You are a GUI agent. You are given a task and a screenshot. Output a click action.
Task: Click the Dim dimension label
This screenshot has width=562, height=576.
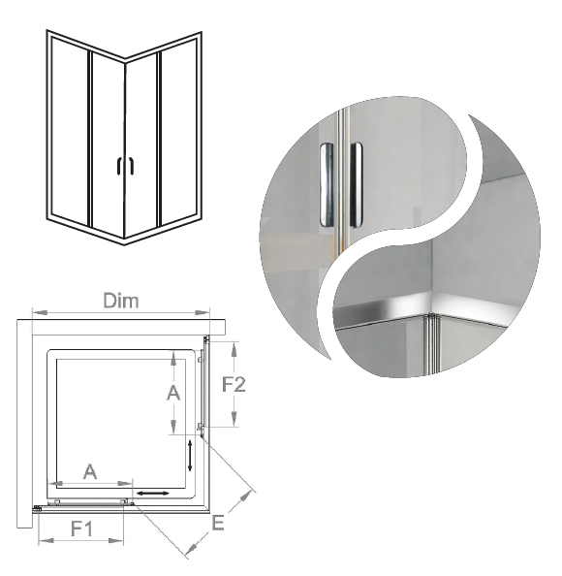click(x=121, y=301)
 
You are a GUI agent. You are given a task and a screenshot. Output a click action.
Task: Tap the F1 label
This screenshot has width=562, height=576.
click(x=81, y=529)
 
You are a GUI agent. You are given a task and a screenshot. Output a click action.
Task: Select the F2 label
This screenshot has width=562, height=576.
click(x=234, y=385)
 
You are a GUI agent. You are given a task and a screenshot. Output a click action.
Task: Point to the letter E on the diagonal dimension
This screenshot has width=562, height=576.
click(x=218, y=523)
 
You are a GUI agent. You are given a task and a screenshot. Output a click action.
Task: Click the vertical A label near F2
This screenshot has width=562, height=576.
click(x=173, y=393)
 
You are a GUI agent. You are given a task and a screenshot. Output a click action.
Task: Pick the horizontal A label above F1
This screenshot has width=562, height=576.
click(x=90, y=472)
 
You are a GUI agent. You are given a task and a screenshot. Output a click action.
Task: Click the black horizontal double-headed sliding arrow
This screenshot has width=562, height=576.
click(x=153, y=493)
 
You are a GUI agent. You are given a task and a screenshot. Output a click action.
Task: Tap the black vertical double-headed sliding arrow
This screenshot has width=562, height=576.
click(x=190, y=456)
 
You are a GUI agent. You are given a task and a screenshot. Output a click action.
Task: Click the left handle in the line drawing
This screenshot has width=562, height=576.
click(x=119, y=166)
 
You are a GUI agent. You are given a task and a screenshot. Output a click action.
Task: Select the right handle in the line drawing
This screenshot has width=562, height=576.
click(x=131, y=166)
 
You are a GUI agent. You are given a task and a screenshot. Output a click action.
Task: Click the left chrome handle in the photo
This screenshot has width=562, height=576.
click(x=326, y=184)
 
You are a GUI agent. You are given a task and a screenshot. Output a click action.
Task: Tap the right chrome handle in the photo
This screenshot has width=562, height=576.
click(x=356, y=184)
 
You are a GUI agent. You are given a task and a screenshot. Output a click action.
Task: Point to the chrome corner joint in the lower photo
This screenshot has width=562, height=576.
click(x=433, y=316)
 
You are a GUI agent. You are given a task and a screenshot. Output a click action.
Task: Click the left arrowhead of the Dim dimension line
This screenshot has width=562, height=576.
click(x=40, y=312)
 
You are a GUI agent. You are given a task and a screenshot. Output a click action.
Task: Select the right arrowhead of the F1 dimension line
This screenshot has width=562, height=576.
click(x=116, y=540)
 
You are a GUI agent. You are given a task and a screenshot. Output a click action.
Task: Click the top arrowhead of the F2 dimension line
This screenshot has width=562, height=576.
click(x=234, y=349)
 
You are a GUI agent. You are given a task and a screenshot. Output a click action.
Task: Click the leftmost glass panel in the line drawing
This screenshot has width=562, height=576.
click(x=70, y=130)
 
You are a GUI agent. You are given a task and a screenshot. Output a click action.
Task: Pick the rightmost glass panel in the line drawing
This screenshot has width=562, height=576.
click(x=178, y=130)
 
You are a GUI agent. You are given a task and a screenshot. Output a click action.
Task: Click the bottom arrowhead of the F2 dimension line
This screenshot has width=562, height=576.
click(x=234, y=419)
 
